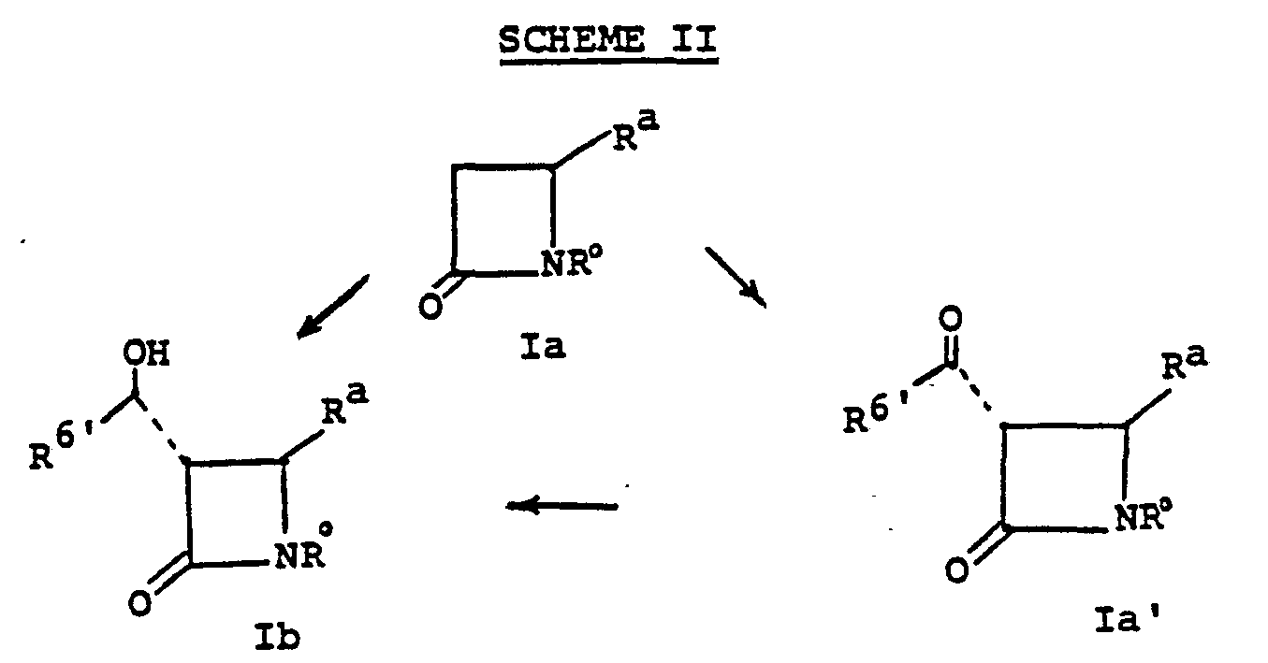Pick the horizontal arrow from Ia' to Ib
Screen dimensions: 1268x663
[561, 506]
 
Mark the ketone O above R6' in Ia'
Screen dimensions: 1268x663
[948, 324]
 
